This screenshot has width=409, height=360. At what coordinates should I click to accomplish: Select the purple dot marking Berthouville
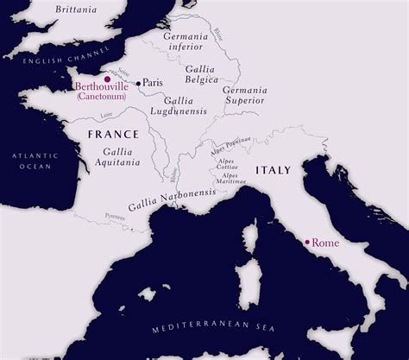[107, 79]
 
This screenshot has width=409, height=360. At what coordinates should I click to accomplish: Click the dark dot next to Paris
[137, 83]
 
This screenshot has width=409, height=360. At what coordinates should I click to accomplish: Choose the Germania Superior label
[246, 95]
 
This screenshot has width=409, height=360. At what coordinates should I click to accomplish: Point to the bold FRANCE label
[113, 136]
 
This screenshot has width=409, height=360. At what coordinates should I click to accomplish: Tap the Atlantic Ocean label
[32, 160]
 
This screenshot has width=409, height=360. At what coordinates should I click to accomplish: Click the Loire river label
[106, 113]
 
